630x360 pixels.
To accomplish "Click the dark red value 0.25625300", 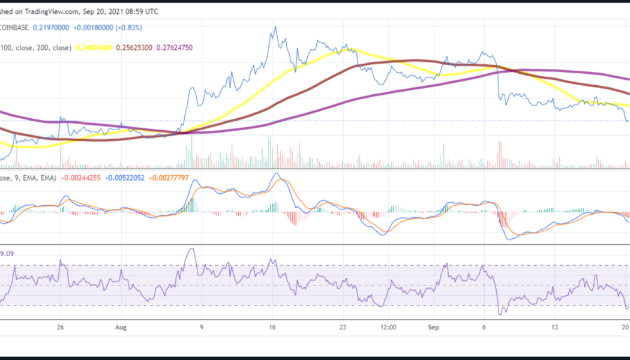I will (x=140, y=47).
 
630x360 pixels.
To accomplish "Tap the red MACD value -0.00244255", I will (x=81, y=178).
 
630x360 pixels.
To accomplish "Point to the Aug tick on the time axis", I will (x=121, y=328).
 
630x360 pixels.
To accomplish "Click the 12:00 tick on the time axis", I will (x=388, y=328).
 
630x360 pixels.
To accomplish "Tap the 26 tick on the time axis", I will (x=60, y=328).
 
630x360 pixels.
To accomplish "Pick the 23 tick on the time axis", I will (x=343, y=328).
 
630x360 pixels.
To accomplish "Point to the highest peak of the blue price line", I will (x=275, y=27).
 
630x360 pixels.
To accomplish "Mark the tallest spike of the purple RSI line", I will (x=191, y=249).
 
